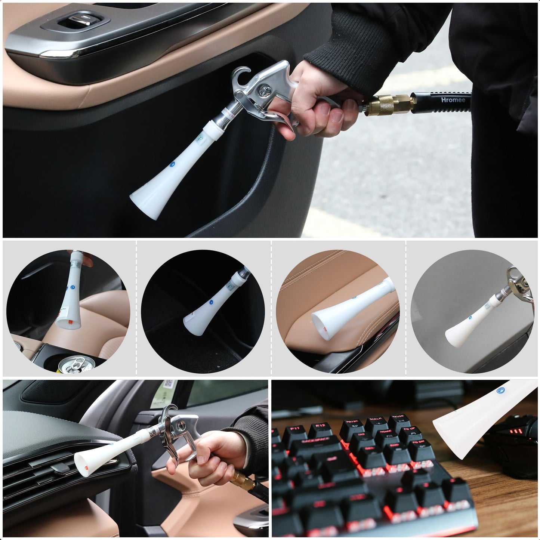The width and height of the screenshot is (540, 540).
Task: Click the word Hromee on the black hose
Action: (453, 100)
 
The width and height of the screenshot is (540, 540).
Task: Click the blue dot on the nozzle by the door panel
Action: (172, 164)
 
